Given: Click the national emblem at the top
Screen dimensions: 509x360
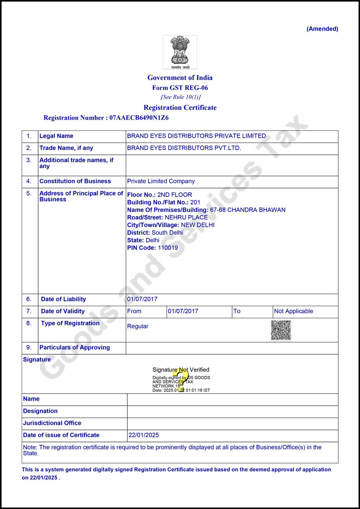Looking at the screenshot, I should [180, 51].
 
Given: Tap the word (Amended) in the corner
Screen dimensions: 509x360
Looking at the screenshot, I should [322, 29].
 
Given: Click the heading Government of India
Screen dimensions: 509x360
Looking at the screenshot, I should [180, 77].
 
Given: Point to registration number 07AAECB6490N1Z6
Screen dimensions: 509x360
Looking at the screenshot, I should [138, 118].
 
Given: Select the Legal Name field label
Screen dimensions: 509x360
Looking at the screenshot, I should [56, 136].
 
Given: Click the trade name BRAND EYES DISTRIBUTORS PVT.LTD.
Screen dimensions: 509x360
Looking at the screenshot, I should [184, 148].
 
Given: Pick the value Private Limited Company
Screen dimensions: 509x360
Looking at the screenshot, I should [161, 181].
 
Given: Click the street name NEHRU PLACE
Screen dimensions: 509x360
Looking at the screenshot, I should [186, 217].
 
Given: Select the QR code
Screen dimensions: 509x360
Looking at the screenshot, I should [281, 330].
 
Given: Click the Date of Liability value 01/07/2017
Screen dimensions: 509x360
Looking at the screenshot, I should [142, 299].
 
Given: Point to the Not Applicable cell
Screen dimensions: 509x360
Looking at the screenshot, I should [293, 311].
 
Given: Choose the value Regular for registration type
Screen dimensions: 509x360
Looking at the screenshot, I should [138, 326].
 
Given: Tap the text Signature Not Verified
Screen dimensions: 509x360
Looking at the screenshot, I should [180, 370].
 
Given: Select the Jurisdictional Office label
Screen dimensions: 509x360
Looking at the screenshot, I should [52, 423].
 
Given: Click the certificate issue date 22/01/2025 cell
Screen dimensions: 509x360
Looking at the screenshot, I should [144, 435].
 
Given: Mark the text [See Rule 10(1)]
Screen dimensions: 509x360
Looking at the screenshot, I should [180, 97].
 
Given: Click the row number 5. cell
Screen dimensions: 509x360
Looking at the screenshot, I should [29, 193].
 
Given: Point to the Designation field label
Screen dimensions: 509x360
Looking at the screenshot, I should [40, 411].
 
